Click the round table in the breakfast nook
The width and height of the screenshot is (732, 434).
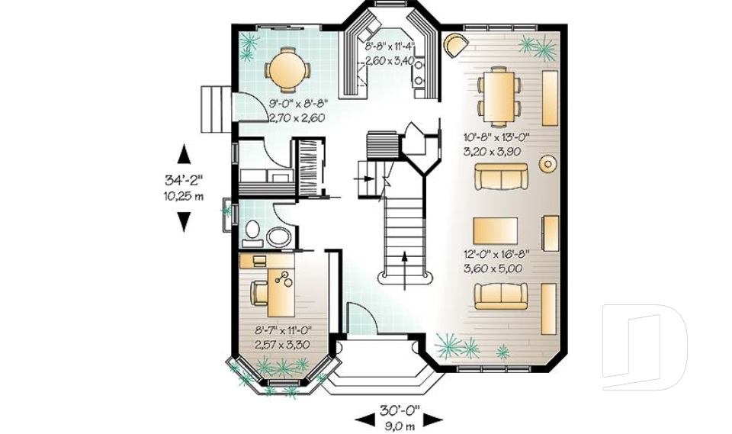click(287, 70)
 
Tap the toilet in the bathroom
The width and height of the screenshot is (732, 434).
click(252, 231)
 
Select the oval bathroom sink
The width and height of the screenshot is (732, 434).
click(278, 237)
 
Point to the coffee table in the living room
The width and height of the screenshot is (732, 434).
click(496, 229)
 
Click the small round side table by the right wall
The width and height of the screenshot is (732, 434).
click(547, 164)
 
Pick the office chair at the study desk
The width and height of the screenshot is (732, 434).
click(259, 293)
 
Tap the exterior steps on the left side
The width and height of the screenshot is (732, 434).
click(214, 109)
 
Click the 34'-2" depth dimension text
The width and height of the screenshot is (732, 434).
click(184, 181)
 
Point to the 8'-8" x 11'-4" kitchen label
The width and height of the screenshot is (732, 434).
click(390, 47)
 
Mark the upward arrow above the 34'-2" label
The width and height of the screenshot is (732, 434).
click(184, 155)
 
